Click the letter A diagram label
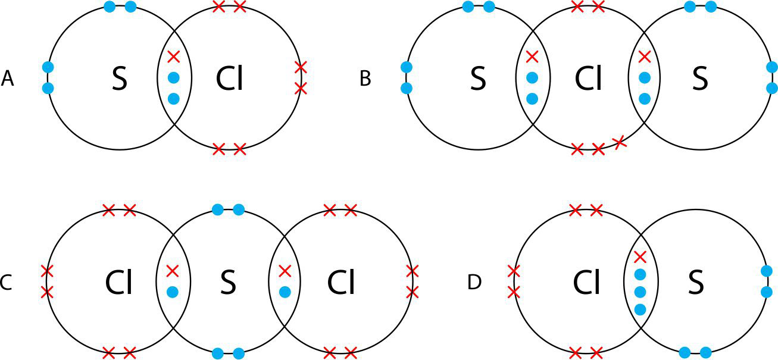[8, 79]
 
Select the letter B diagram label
[365, 79]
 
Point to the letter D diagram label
[474, 283]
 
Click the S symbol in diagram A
[120, 79]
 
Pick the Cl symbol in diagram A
[230, 79]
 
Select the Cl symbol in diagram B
[588, 79]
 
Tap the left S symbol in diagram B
[478, 79]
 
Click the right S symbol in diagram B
[699, 79]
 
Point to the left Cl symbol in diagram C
[119, 284]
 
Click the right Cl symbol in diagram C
[341, 284]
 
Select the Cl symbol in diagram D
[586, 284]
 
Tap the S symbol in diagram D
[695, 284]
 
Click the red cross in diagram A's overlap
[173, 57]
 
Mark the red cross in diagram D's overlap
[640, 257]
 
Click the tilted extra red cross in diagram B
[620, 142]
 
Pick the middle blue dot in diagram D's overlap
[640, 292]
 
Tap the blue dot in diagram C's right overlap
[285, 292]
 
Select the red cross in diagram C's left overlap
[173, 271]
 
